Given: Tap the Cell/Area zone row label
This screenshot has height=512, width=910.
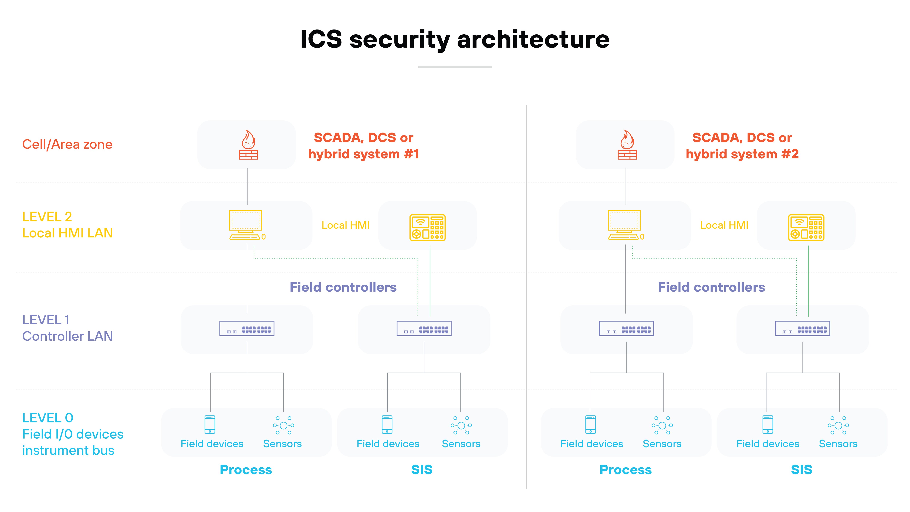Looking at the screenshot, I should coord(67,145).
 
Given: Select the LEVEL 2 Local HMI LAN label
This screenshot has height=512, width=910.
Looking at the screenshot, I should coord(67,225).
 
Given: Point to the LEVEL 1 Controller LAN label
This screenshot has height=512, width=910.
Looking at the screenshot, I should coord(67,328).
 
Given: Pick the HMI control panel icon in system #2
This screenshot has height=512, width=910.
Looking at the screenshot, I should coord(806,228).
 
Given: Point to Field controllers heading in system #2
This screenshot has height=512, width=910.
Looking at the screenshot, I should coord(711,287).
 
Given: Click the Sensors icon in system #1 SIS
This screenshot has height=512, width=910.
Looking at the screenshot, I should coord(461,425).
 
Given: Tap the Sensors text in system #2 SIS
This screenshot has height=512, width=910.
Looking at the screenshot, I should coord(838,444).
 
